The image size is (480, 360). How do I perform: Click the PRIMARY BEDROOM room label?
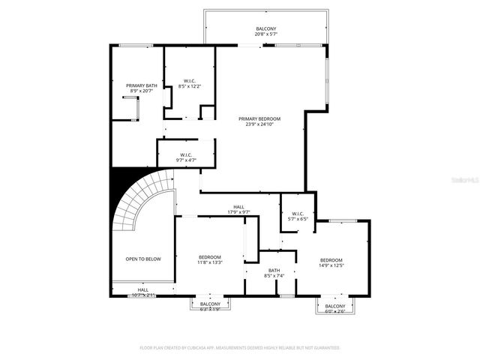(260, 118)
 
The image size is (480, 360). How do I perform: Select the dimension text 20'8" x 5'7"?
(266, 34)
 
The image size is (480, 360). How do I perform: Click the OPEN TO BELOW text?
(142, 259)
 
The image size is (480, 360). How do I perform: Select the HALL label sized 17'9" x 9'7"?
(238, 207)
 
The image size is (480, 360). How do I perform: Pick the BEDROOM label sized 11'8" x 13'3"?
(210, 257)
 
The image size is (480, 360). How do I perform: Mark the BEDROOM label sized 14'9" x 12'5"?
(331, 259)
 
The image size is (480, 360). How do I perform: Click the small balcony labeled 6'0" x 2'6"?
(335, 307)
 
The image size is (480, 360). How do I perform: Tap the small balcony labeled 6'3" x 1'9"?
(210, 304)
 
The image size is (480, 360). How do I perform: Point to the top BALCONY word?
(266, 28)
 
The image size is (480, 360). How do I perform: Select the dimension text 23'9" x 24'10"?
(260, 124)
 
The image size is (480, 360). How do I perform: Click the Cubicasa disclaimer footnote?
(240, 348)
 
